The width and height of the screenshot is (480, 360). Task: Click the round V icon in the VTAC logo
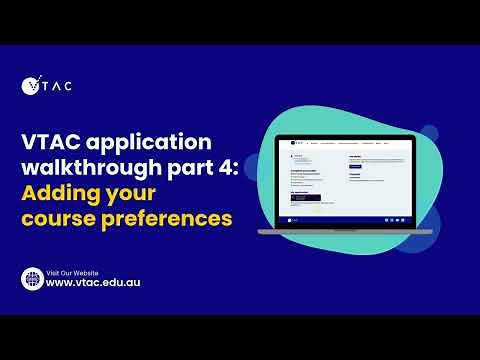[30, 86]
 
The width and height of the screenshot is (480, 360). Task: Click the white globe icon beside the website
[32, 279]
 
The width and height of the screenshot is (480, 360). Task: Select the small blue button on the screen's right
[355, 165]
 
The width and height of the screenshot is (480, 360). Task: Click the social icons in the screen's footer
[396, 218]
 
